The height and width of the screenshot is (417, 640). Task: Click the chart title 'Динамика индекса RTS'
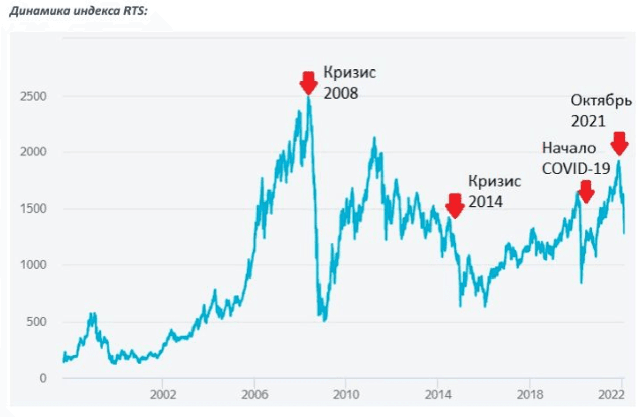[x=78, y=11]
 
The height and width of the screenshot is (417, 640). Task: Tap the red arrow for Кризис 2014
[x=455, y=205]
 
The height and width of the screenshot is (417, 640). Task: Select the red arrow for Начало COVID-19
[x=586, y=192]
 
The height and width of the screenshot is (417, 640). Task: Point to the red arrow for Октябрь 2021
[x=619, y=144]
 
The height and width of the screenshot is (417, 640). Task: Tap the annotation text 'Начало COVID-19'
[x=576, y=158]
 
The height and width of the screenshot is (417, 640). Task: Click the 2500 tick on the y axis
[x=34, y=96]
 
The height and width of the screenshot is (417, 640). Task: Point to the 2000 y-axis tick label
[x=34, y=153]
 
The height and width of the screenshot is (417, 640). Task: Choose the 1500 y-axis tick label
[x=34, y=209]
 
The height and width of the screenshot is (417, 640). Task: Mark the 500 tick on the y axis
[x=37, y=322]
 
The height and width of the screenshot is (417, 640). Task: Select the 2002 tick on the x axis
[x=163, y=394]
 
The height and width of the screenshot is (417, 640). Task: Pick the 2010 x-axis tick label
[x=346, y=394]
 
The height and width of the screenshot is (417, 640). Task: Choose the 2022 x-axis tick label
[x=615, y=394]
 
